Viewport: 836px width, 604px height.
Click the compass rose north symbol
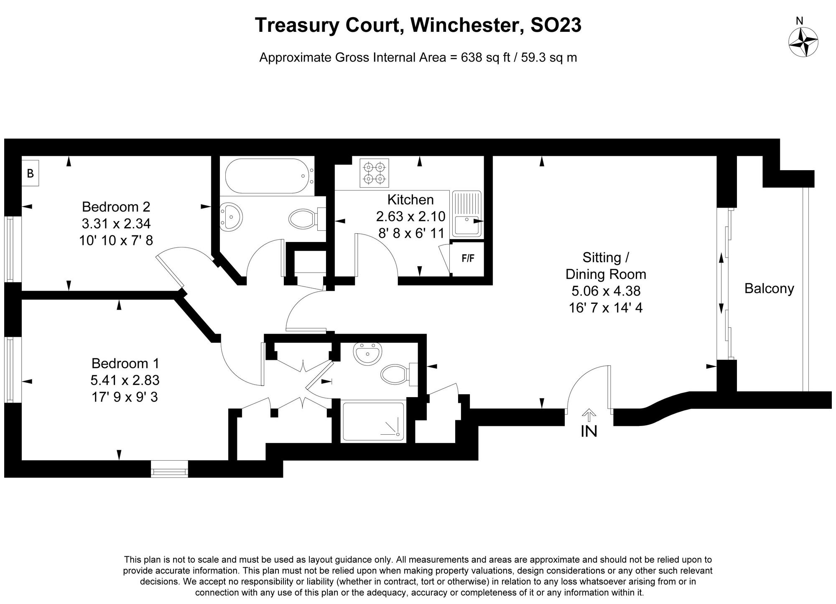(803, 42)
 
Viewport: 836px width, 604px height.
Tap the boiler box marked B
(31, 173)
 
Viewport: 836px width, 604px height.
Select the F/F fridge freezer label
(468, 258)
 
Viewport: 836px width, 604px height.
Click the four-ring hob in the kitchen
(374, 173)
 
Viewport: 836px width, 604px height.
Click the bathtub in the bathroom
(268, 176)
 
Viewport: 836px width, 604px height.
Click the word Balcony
(769, 288)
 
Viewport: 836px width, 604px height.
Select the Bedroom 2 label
(116, 206)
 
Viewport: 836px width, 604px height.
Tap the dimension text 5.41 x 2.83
(125, 380)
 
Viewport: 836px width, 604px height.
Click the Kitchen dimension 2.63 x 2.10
(410, 216)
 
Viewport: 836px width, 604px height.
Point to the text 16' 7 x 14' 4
(605, 308)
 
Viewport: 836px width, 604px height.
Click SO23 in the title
(556, 25)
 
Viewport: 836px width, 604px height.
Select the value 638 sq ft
(485, 57)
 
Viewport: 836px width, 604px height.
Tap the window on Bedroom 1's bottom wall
(169, 469)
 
